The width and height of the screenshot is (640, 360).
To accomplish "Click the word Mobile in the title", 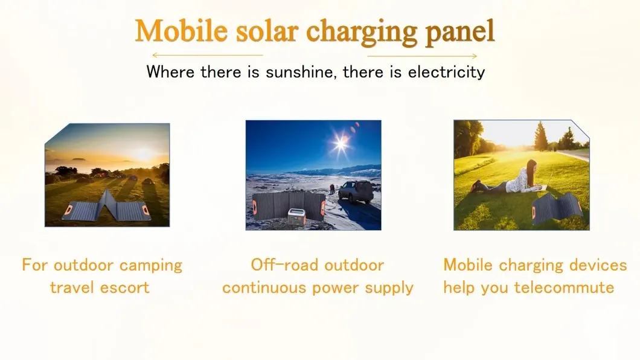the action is click(x=181, y=31).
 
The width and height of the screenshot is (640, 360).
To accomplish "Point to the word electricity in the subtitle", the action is click(x=446, y=72).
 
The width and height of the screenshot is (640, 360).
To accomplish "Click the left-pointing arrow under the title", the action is click(x=207, y=55).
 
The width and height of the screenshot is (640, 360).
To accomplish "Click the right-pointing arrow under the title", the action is click(x=422, y=56).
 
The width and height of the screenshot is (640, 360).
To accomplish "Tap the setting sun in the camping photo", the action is click(x=144, y=154).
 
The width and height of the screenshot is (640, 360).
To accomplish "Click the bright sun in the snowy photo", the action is click(x=341, y=143).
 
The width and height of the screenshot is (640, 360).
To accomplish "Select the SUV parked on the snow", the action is click(x=356, y=191).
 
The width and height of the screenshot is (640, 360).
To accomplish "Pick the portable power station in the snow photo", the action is click(x=296, y=216).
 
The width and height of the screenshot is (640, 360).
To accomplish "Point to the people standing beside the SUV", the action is click(x=332, y=189).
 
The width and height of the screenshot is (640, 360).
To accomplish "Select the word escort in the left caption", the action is click(x=124, y=288).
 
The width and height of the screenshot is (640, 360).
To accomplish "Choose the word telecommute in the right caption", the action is click(x=564, y=288).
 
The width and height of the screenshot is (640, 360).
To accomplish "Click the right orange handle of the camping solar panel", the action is click(x=146, y=211).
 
